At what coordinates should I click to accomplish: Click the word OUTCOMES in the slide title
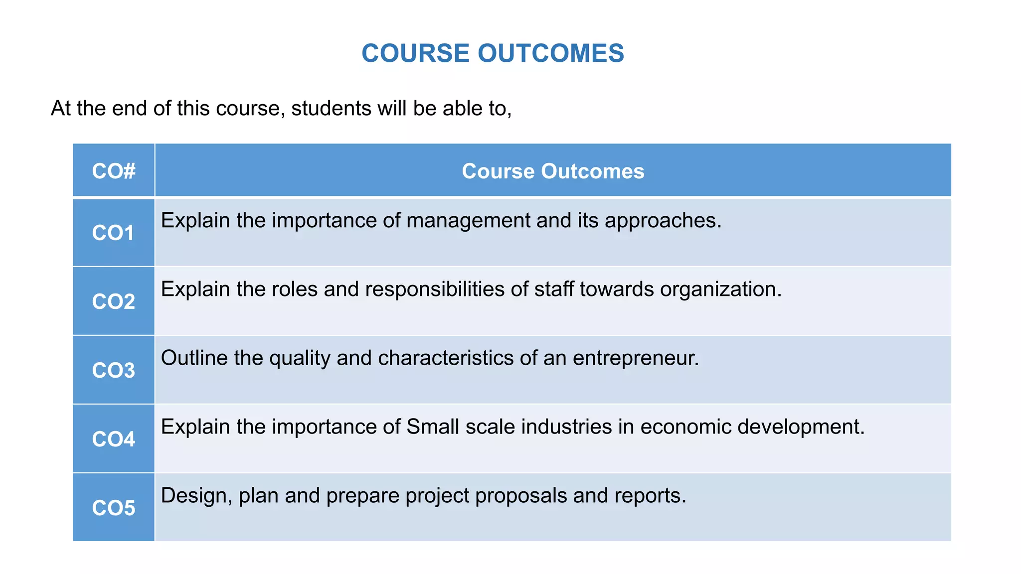(551, 53)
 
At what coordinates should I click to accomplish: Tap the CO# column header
(114, 171)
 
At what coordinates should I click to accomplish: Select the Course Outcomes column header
(553, 171)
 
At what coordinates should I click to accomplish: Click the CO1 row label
(114, 233)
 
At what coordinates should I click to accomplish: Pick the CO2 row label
(114, 302)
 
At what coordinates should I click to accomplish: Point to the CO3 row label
(114, 371)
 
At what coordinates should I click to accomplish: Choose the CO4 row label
(114, 439)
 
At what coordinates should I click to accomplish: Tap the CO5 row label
(114, 508)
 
